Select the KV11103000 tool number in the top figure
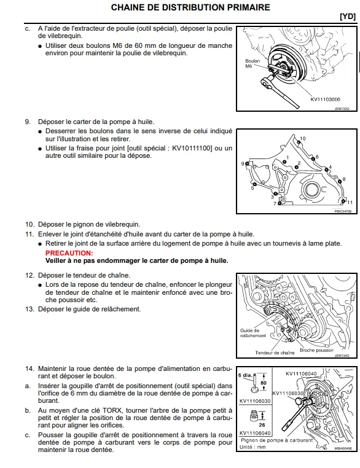point(325,98)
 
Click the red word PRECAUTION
point(69,252)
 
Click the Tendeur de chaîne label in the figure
point(275,353)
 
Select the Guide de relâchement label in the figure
point(252,333)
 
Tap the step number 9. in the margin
point(28,122)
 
